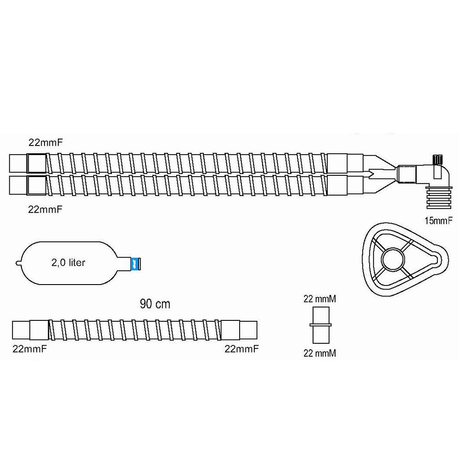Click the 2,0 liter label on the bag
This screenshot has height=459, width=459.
68,263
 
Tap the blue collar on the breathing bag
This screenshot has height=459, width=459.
135,263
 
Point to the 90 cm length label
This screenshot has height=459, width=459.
155,304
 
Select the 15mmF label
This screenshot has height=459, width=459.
438,221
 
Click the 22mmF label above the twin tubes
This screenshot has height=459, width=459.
45,143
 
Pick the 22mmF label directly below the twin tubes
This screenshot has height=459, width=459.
45,209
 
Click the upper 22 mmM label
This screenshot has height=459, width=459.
319,299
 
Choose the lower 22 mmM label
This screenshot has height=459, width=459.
319,353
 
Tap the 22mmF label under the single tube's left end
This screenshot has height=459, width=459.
29,349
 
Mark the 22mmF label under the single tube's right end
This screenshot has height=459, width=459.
241,349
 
